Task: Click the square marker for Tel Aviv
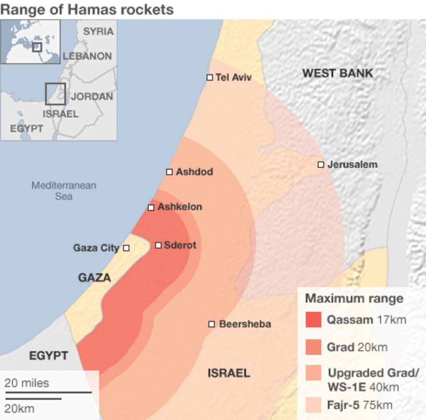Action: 210,77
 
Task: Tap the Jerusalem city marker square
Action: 321,164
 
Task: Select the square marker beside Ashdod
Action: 169,172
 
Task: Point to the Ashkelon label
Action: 180,207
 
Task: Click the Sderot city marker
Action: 158,245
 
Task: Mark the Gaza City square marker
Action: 126,248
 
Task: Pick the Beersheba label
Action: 245,324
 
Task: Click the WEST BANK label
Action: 338,73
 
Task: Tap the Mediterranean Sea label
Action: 64,191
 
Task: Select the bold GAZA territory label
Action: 94,278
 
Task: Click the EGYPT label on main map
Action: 48,356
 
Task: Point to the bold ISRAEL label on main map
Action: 229,373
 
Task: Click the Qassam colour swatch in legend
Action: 313,320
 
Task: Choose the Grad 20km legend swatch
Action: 313,347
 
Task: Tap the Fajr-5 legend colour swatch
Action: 313,405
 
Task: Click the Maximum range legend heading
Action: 354,299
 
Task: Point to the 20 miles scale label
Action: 27,383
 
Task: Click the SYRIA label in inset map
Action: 98,31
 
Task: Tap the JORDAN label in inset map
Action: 92,96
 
